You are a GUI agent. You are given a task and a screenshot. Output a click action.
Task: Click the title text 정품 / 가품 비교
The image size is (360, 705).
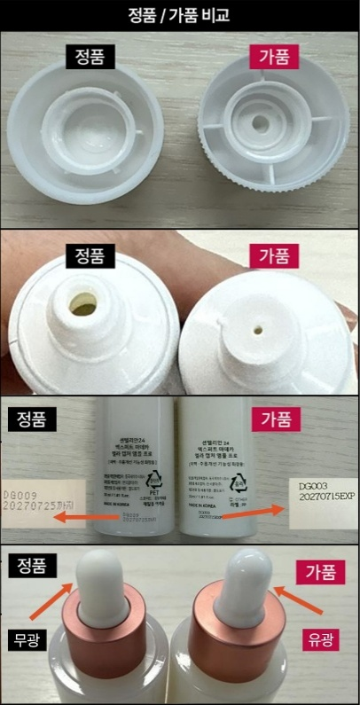click(x=180, y=15)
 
